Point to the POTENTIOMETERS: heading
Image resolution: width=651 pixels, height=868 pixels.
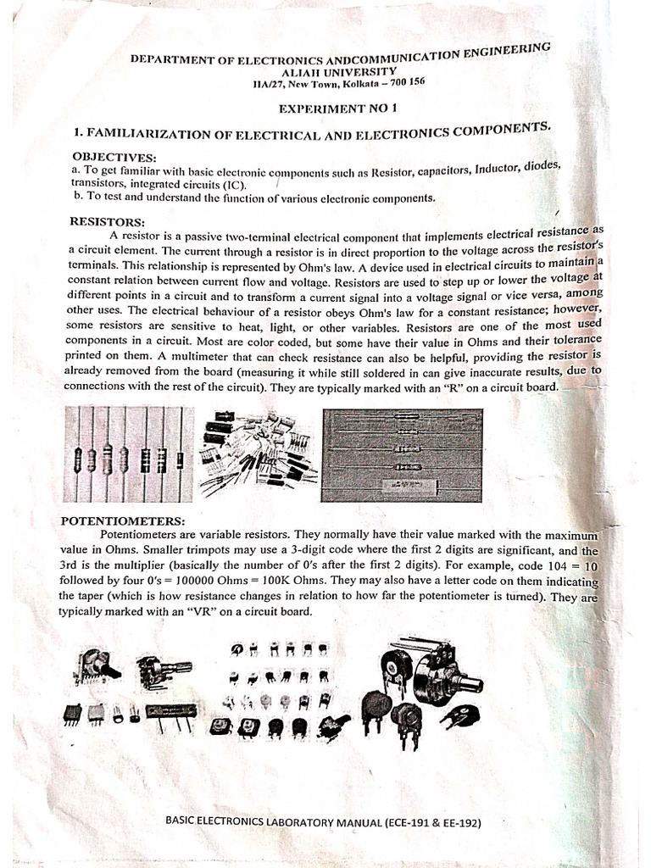point(122,520)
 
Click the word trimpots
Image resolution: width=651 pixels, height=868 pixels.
point(210,551)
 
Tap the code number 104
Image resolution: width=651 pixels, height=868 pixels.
point(551,565)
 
